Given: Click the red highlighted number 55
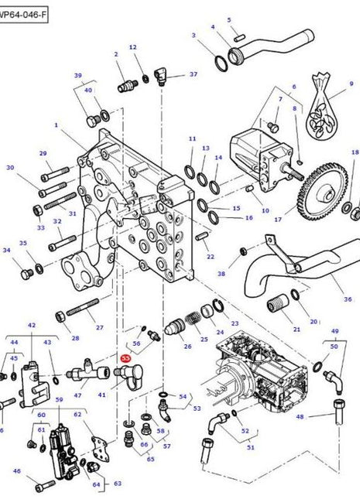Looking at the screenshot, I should coord(125,359).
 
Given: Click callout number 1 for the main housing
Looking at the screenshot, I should coord(57,124).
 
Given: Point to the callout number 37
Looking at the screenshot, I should coord(194,75).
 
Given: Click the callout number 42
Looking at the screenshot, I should coord(32,326).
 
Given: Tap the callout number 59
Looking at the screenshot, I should coord(58,400).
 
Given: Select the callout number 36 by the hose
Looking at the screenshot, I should coord(348,299).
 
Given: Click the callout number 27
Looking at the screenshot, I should coord(98,327).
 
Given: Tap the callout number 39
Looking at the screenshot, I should coord(77,75).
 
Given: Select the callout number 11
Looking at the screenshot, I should coord(192,139).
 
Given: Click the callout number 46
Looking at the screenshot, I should coord(17,470).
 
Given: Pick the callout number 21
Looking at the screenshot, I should coord(297,330).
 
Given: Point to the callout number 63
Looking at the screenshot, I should coord(117,484).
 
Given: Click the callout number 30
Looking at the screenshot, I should coord(10,167).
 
